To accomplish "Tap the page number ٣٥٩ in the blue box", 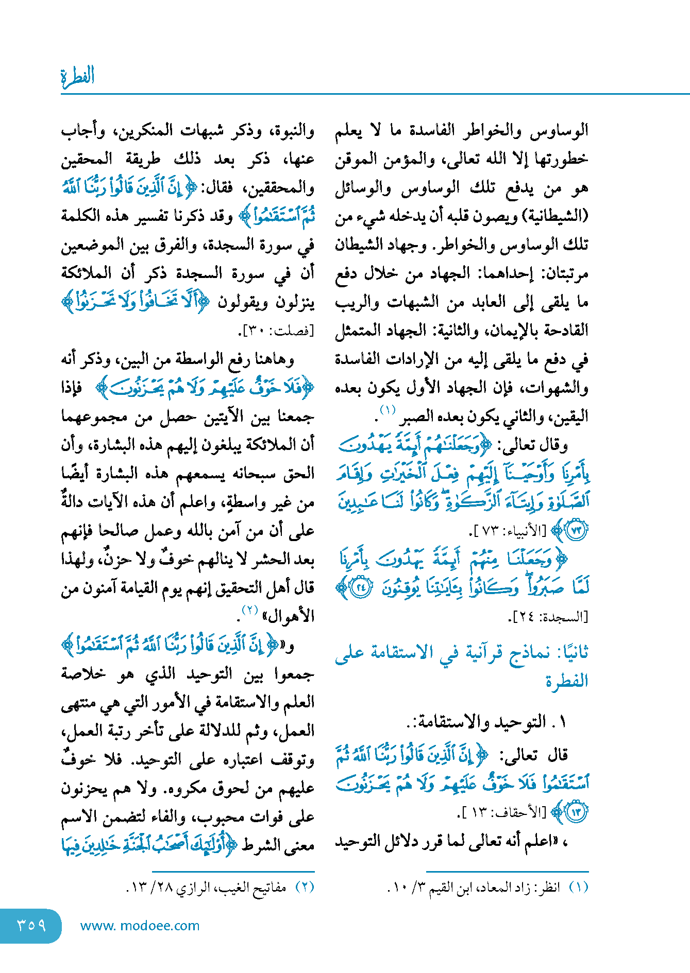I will (31, 925).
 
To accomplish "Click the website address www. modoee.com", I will (140, 926).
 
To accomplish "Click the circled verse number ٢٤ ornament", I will (362, 588).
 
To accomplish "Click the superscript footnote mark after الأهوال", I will (250, 610).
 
